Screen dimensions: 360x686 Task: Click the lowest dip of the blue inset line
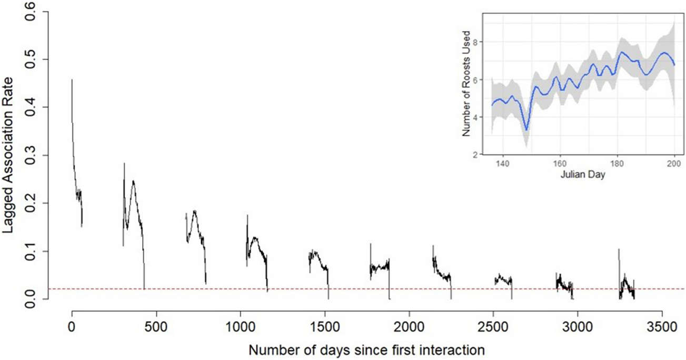pyautogui.click(x=525, y=130)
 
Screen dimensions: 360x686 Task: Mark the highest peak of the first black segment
pyautogui.click(x=72, y=80)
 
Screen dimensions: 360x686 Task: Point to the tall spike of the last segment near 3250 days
pyautogui.click(x=619, y=250)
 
